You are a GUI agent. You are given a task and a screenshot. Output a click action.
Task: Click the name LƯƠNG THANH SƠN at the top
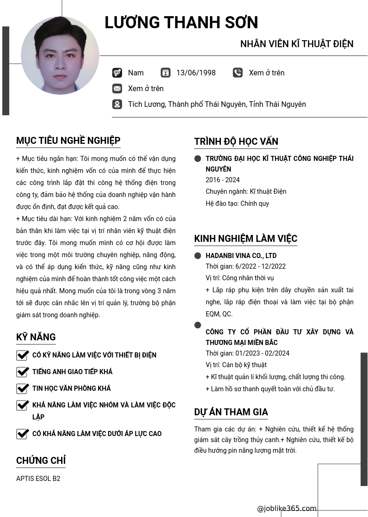(x=181, y=23)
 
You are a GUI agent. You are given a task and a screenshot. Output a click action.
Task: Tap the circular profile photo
(x=60, y=55)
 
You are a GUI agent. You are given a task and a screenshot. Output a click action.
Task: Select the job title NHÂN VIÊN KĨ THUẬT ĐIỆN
(x=297, y=44)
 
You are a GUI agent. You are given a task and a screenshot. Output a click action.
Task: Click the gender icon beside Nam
(x=117, y=73)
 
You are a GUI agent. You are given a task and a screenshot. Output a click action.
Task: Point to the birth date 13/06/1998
(x=196, y=73)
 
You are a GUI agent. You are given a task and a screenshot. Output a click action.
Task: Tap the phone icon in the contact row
(x=238, y=73)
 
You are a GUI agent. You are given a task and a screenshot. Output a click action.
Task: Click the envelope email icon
(x=117, y=88)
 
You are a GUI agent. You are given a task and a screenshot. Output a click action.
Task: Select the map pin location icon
(x=117, y=104)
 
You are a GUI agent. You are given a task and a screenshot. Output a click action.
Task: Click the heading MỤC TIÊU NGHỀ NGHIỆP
(x=68, y=141)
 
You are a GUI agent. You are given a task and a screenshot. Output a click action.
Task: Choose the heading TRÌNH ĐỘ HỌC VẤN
(x=236, y=142)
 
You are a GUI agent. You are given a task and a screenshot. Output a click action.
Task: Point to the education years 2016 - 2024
(x=223, y=180)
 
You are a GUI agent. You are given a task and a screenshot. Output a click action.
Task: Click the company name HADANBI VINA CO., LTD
(x=241, y=256)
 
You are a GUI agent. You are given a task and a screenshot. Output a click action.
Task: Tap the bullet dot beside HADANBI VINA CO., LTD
(x=198, y=256)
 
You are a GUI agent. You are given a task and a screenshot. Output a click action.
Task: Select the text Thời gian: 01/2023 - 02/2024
(x=247, y=353)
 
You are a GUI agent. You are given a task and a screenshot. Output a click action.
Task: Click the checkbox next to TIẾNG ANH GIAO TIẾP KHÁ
(x=23, y=372)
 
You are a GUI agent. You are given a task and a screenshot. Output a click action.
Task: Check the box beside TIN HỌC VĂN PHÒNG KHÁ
(x=23, y=388)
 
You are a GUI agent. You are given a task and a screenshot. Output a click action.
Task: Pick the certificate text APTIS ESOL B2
(x=38, y=479)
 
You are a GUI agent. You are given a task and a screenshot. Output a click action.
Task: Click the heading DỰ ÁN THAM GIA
(x=231, y=412)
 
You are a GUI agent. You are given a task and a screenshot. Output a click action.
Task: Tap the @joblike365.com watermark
(x=287, y=509)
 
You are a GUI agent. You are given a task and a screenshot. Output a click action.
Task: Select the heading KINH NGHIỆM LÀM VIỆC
(x=245, y=239)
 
